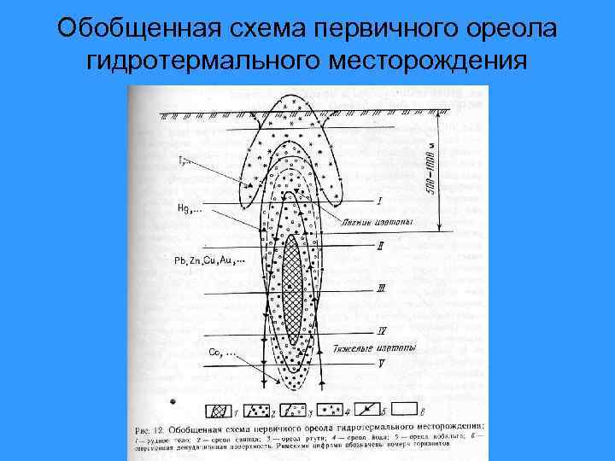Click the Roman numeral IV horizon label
(x=382, y=331)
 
